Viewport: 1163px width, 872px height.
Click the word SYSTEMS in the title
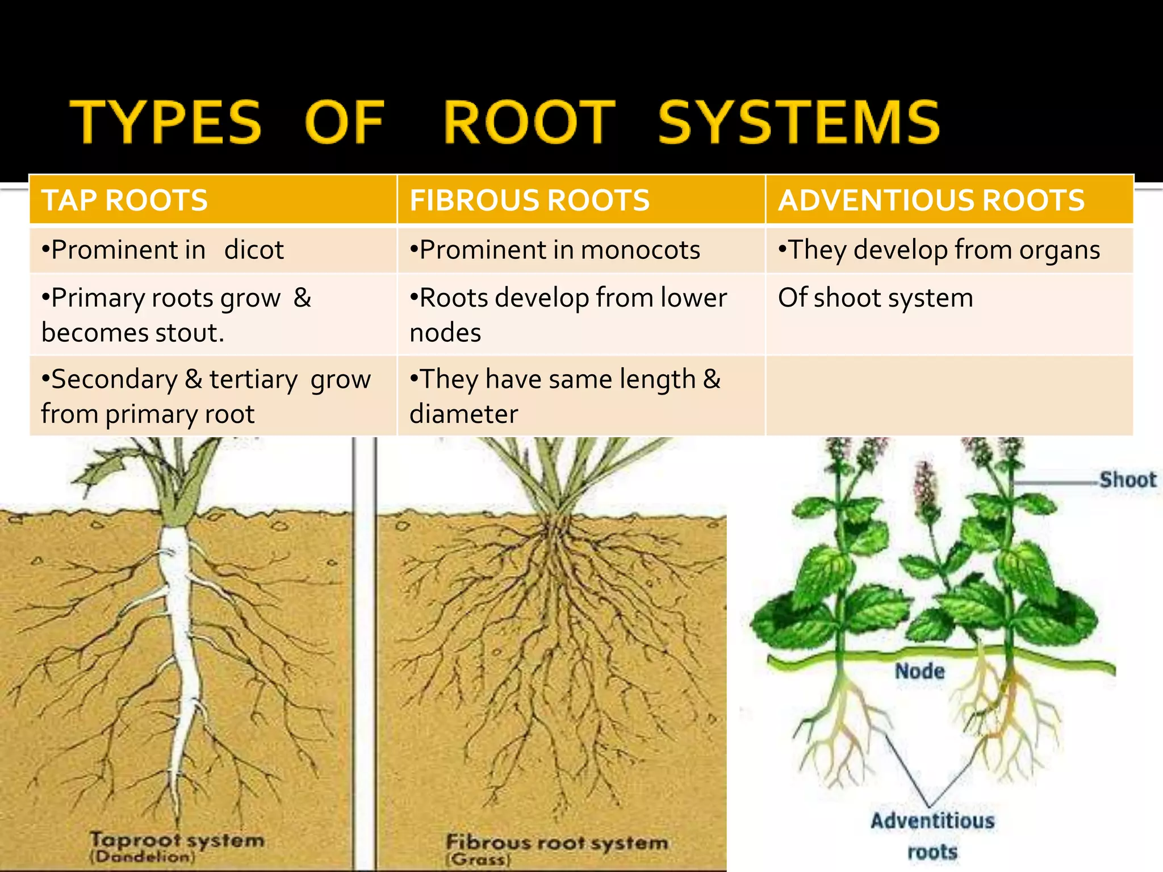click(x=798, y=122)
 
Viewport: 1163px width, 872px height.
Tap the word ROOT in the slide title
click(x=529, y=122)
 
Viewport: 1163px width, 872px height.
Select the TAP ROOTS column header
click(x=125, y=200)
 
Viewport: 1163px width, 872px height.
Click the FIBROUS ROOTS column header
click(x=529, y=200)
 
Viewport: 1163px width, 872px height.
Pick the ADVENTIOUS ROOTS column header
click(x=931, y=200)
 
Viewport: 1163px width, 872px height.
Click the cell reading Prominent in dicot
click(x=162, y=250)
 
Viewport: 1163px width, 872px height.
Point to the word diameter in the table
click(x=464, y=414)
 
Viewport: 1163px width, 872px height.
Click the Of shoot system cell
click(x=876, y=298)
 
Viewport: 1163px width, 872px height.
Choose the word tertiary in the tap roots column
click(x=253, y=379)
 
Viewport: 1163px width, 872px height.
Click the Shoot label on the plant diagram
click(x=1127, y=480)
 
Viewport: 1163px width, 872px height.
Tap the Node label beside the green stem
click(x=920, y=672)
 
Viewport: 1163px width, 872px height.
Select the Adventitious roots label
click(x=932, y=836)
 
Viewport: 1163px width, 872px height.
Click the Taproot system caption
click(x=177, y=840)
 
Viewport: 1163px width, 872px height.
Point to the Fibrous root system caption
click(x=557, y=842)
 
